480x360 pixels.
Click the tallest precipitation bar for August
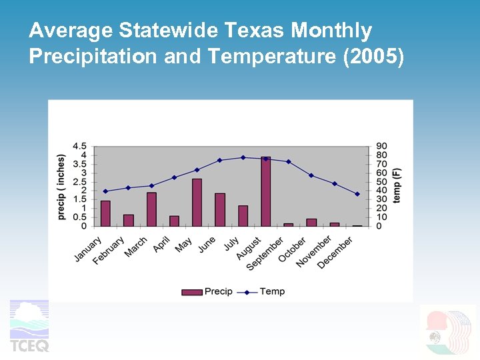click(x=265, y=192)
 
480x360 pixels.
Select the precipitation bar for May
click(x=197, y=203)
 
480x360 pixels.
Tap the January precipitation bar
click(x=105, y=213)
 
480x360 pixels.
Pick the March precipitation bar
click(x=151, y=209)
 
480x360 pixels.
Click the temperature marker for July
click(x=243, y=157)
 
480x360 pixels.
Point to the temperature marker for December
click(x=357, y=194)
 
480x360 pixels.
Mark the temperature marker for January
click(x=105, y=191)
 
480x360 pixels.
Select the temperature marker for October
click(x=311, y=175)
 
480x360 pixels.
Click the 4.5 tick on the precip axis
click(x=79, y=146)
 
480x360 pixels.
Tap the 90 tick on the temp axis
click(x=381, y=146)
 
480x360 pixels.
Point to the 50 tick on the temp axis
click(x=381, y=182)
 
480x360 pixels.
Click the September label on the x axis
click(x=265, y=254)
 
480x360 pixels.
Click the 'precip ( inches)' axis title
click(x=61, y=187)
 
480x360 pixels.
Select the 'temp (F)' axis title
click(x=397, y=186)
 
